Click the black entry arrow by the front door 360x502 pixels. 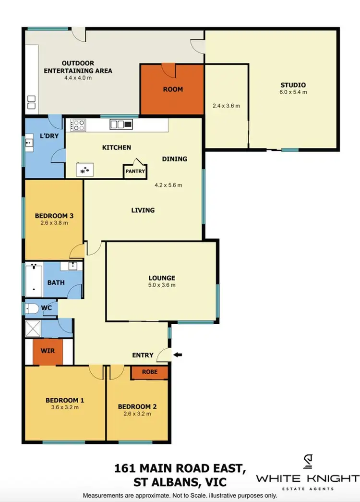(178, 355)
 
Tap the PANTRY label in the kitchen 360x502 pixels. (135, 171)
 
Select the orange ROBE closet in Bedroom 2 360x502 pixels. (149, 372)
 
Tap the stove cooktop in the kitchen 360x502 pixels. (78, 125)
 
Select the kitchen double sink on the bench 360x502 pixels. (120, 125)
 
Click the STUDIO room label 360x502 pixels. (293, 85)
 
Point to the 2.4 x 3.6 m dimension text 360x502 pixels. (226, 106)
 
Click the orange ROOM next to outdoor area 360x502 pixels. (172, 89)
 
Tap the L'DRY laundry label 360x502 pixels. (48, 136)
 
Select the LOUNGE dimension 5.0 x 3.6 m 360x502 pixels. (161, 285)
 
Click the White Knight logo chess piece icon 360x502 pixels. (308, 462)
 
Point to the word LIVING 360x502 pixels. (143, 210)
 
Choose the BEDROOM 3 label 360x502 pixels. (54, 215)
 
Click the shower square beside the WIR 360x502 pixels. (33, 329)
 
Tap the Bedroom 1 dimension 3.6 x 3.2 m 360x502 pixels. (65, 407)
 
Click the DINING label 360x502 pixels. (174, 159)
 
